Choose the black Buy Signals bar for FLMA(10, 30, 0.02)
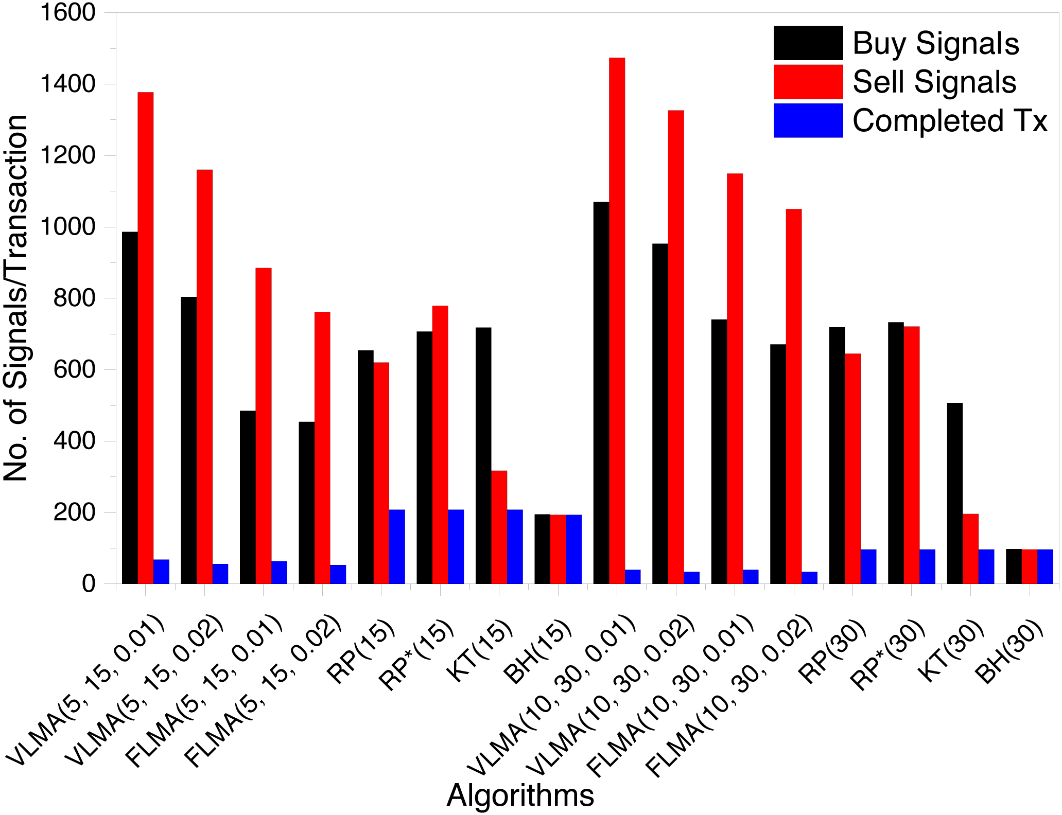pyautogui.click(x=778, y=464)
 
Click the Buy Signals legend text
pyautogui.click(x=936, y=43)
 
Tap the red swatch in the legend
pyautogui.click(x=808, y=82)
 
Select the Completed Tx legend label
pyautogui.click(x=950, y=121)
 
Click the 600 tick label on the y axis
pyautogui.click(x=75, y=369)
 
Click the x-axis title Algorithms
pyautogui.click(x=520, y=795)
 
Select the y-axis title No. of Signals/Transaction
pyautogui.click(x=15, y=298)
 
